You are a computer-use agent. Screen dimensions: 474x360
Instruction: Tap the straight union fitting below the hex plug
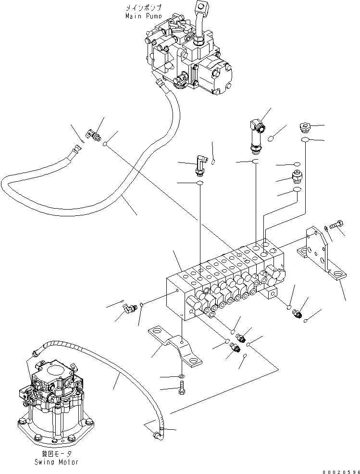[x=297, y=176]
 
